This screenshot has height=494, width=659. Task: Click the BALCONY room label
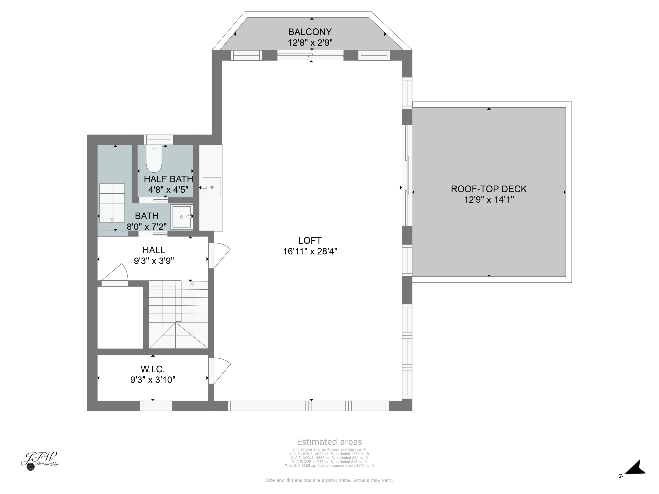tap(310, 32)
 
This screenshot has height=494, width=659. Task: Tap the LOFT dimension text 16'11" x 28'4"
tap(310, 251)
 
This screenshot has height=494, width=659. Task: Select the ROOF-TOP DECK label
tap(489, 189)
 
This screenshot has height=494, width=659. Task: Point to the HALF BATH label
tap(168, 179)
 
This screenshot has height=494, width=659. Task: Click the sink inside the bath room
tap(181, 217)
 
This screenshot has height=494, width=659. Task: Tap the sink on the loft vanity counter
tap(212, 187)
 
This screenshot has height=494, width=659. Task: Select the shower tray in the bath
tap(112, 203)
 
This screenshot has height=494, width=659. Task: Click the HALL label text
tap(154, 250)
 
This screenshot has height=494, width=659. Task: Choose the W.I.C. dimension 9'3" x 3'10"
tap(153, 380)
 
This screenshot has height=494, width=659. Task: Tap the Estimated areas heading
tap(329, 442)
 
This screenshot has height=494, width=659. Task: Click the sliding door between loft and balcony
tap(310, 55)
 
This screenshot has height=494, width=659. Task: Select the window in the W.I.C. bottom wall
tap(156, 406)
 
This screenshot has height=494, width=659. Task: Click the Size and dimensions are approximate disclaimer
tap(329, 480)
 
